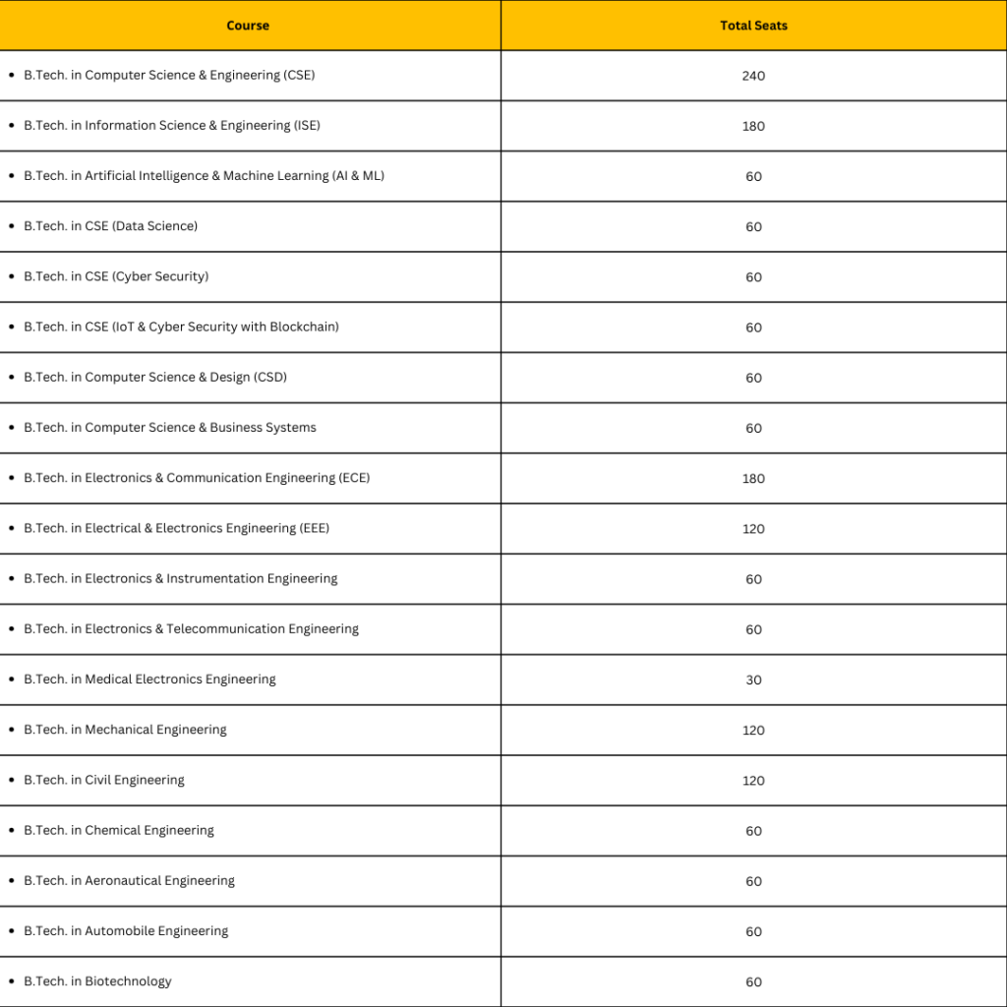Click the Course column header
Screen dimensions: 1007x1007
tap(248, 26)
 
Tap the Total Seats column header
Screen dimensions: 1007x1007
tap(753, 26)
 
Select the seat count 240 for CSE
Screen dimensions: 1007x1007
tap(753, 76)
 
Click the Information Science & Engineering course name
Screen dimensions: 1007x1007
tap(172, 126)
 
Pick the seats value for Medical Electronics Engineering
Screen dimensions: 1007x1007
tap(753, 680)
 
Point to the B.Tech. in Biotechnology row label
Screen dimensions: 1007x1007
tap(97, 981)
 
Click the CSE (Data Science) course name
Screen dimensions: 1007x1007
tap(110, 226)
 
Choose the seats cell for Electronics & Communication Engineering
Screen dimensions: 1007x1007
tap(753, 479)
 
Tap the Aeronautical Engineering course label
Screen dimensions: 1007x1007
tap(129, 881)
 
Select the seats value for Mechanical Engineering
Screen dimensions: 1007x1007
tap(753, 731)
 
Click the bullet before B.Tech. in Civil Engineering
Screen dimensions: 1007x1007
tap(11, 780)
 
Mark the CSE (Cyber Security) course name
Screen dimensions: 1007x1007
tap(116, 276)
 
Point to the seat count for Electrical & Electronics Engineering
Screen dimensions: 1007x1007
tap(753, 529)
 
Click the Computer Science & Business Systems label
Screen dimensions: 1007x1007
tap(170, 428)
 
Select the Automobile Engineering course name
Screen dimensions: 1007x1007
tap(126, 931)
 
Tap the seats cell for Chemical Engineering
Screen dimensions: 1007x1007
tap(753, 831)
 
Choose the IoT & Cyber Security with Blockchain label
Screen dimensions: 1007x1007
tap(181, 326)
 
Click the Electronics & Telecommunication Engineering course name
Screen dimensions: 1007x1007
tap(191, 629)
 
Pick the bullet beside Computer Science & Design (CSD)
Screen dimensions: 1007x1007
tap(11, 378)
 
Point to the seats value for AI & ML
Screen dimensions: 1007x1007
tap(753, 177)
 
